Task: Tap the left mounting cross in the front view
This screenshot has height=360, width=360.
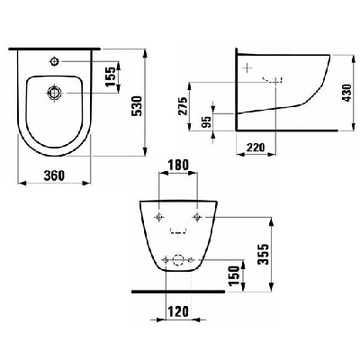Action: coord(159,219)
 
